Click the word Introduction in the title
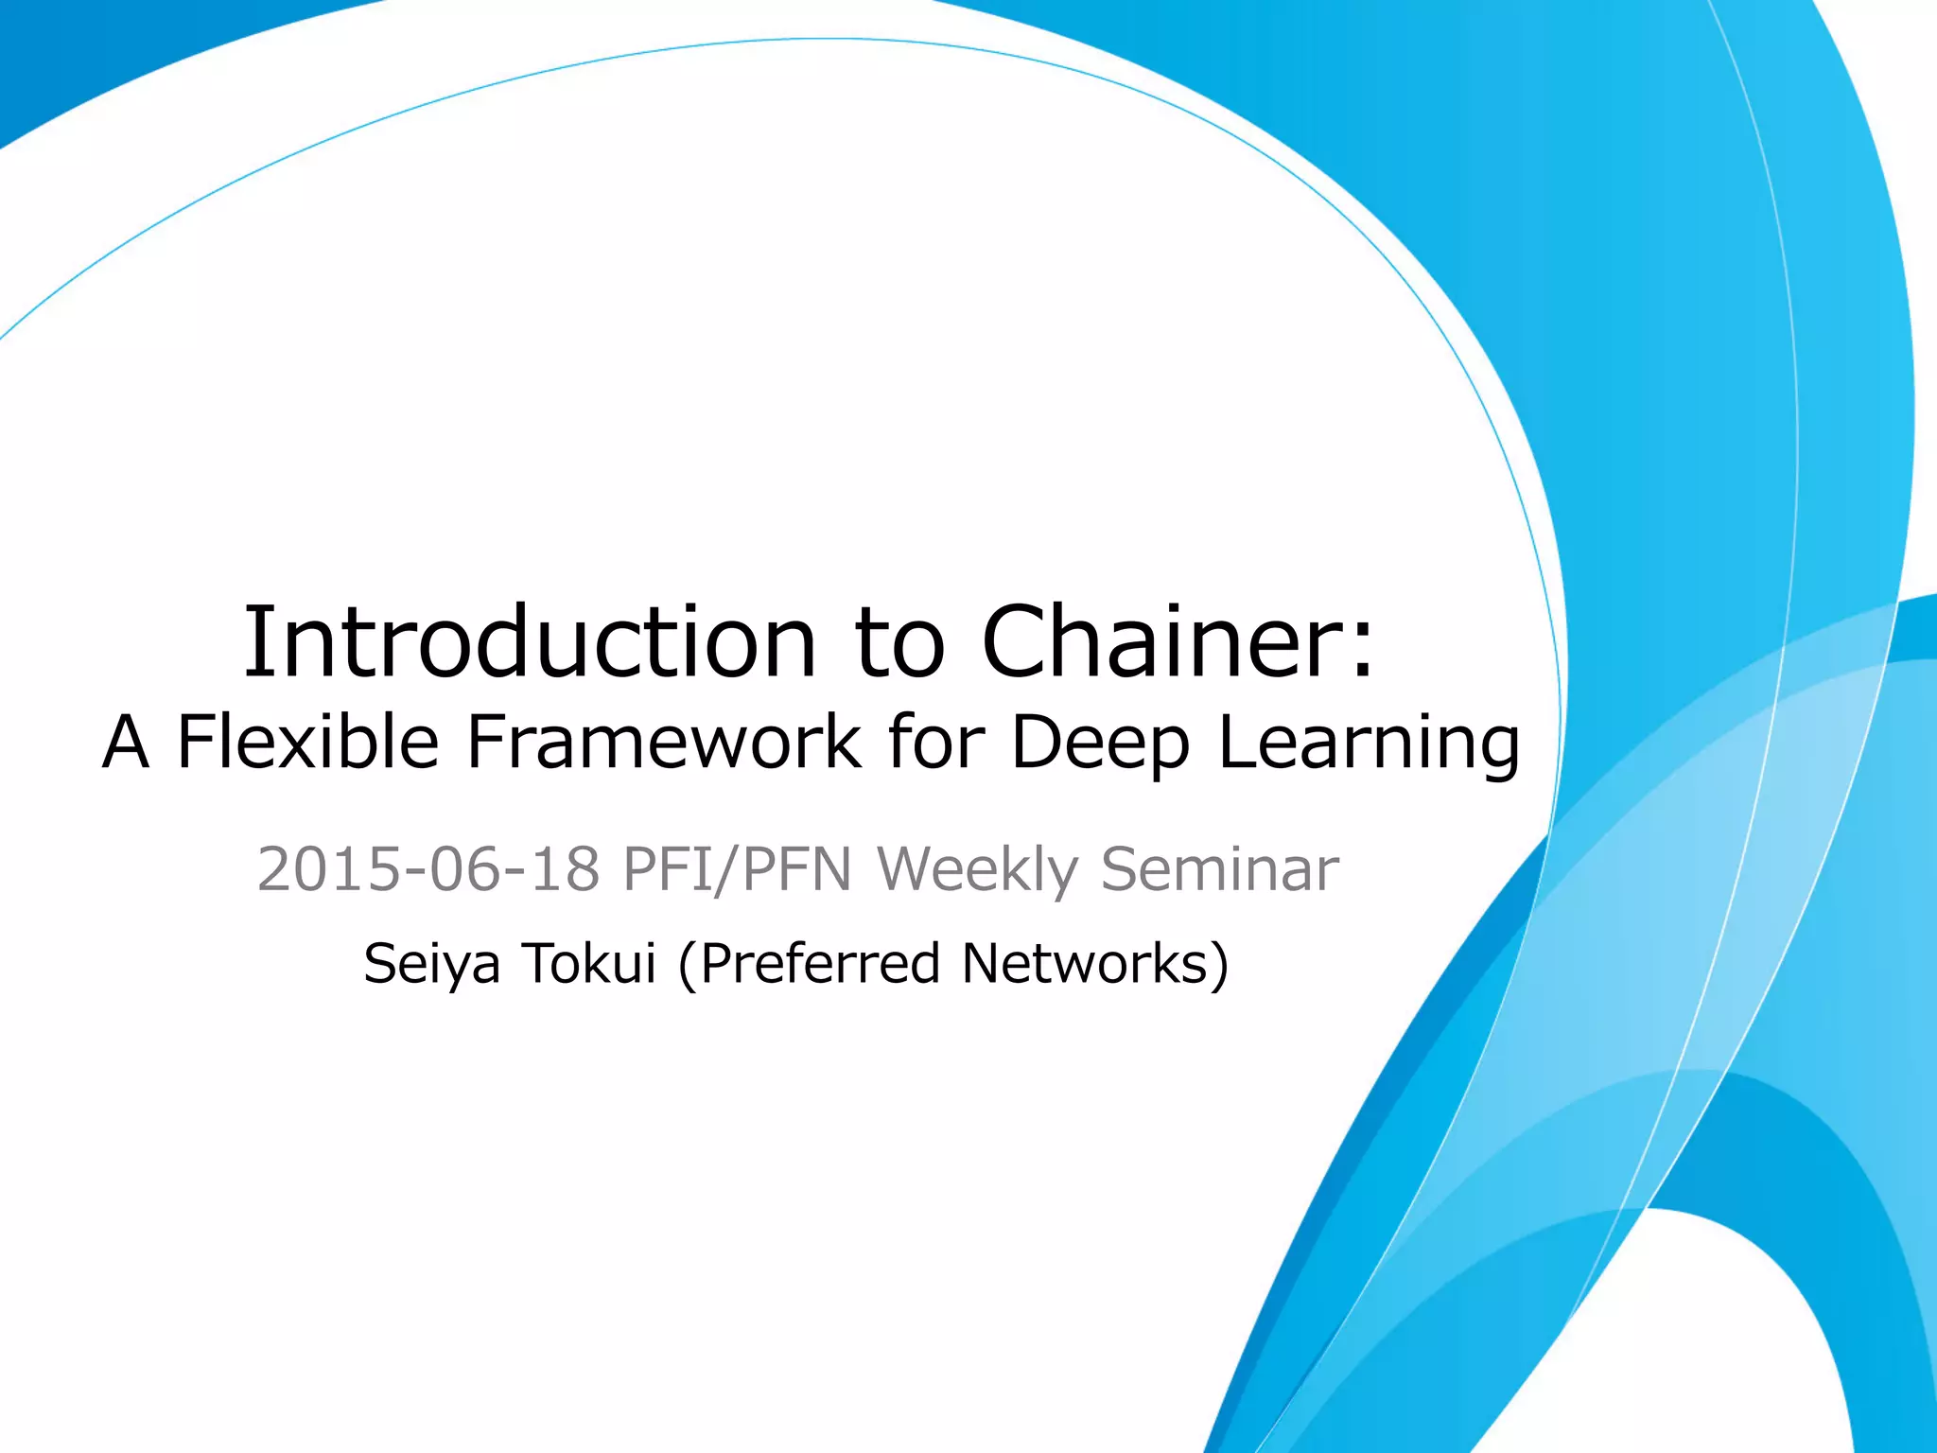pos(530,642)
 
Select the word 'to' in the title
pos(899,644)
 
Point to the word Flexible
pos(308,742)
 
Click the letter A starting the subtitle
pos(126,744)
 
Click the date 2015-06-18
pos(428,868)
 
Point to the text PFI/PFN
pos(738,868)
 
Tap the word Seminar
pos(1220,868)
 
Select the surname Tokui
pos(588,963)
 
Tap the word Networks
pos(1084,963)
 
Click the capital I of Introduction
pos(253,642)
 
